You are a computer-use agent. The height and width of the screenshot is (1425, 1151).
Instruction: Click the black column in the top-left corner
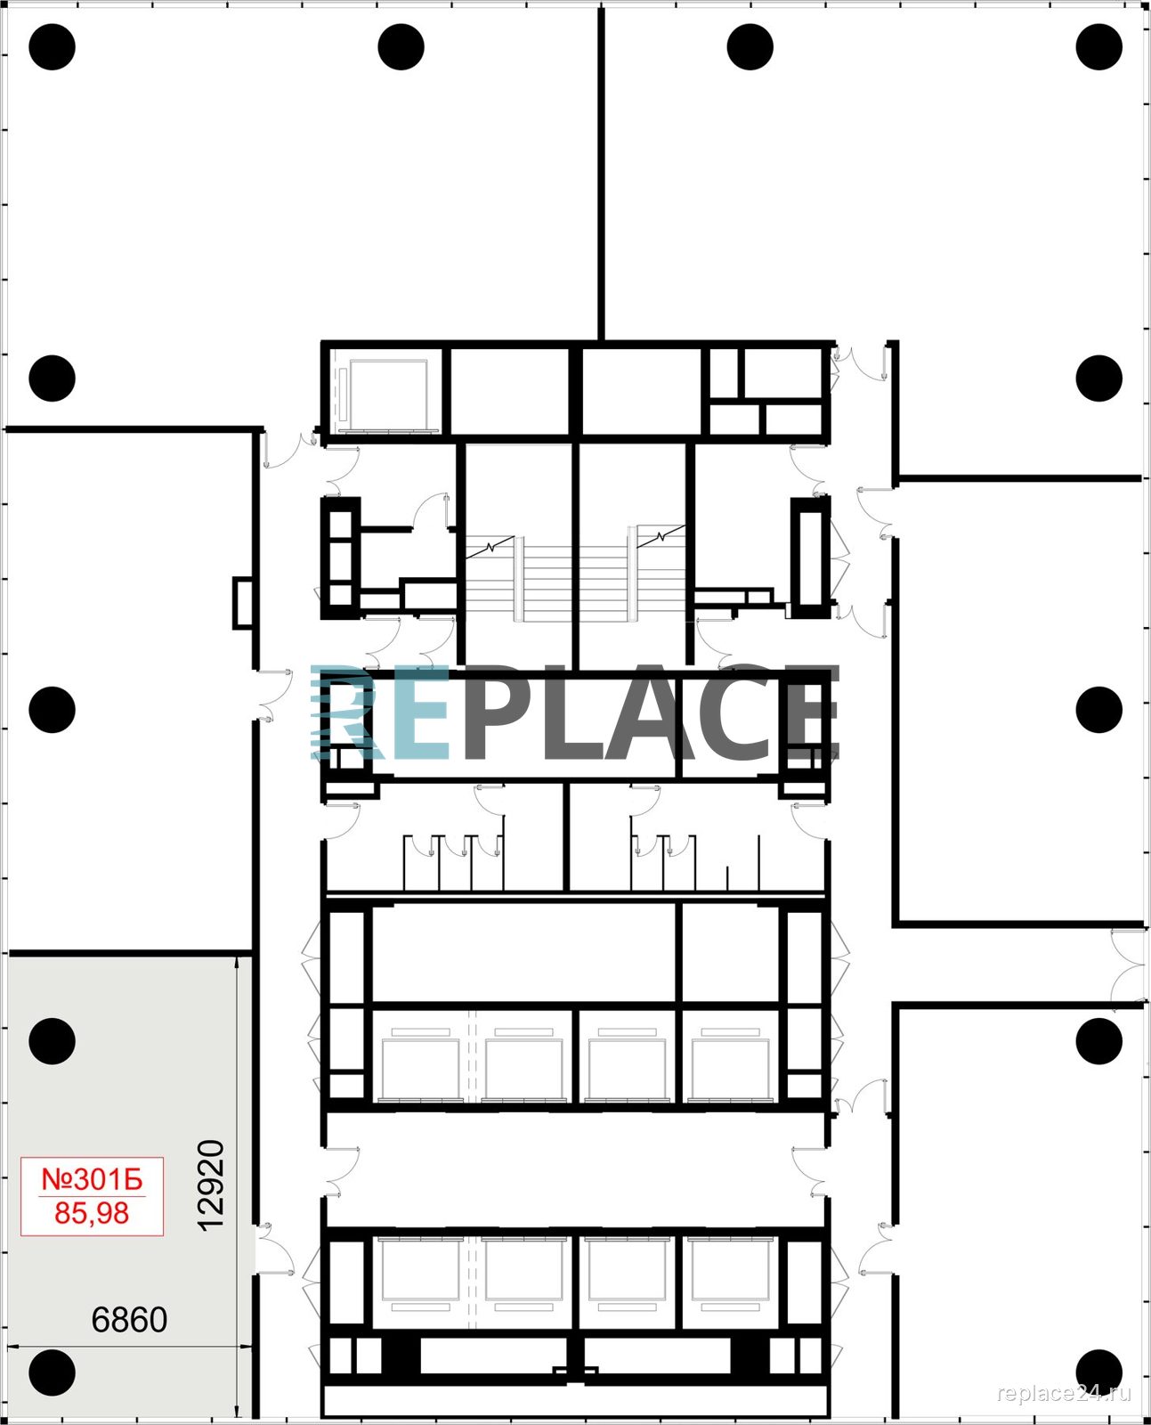click(x=53, y=47)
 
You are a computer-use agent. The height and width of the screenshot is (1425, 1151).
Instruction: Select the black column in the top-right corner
click(x=1098, y=47)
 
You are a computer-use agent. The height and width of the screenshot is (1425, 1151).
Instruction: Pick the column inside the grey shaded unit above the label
click(x=53, y=1042)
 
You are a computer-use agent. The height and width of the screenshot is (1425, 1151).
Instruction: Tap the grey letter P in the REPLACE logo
click(x=496, y=713)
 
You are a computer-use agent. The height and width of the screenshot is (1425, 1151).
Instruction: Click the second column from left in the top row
click(x=401, y=47)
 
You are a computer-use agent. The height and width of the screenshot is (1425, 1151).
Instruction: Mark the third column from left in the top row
click(x=750, y=47)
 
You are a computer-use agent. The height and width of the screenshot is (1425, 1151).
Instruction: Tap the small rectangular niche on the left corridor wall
click(x=243, y=604)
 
